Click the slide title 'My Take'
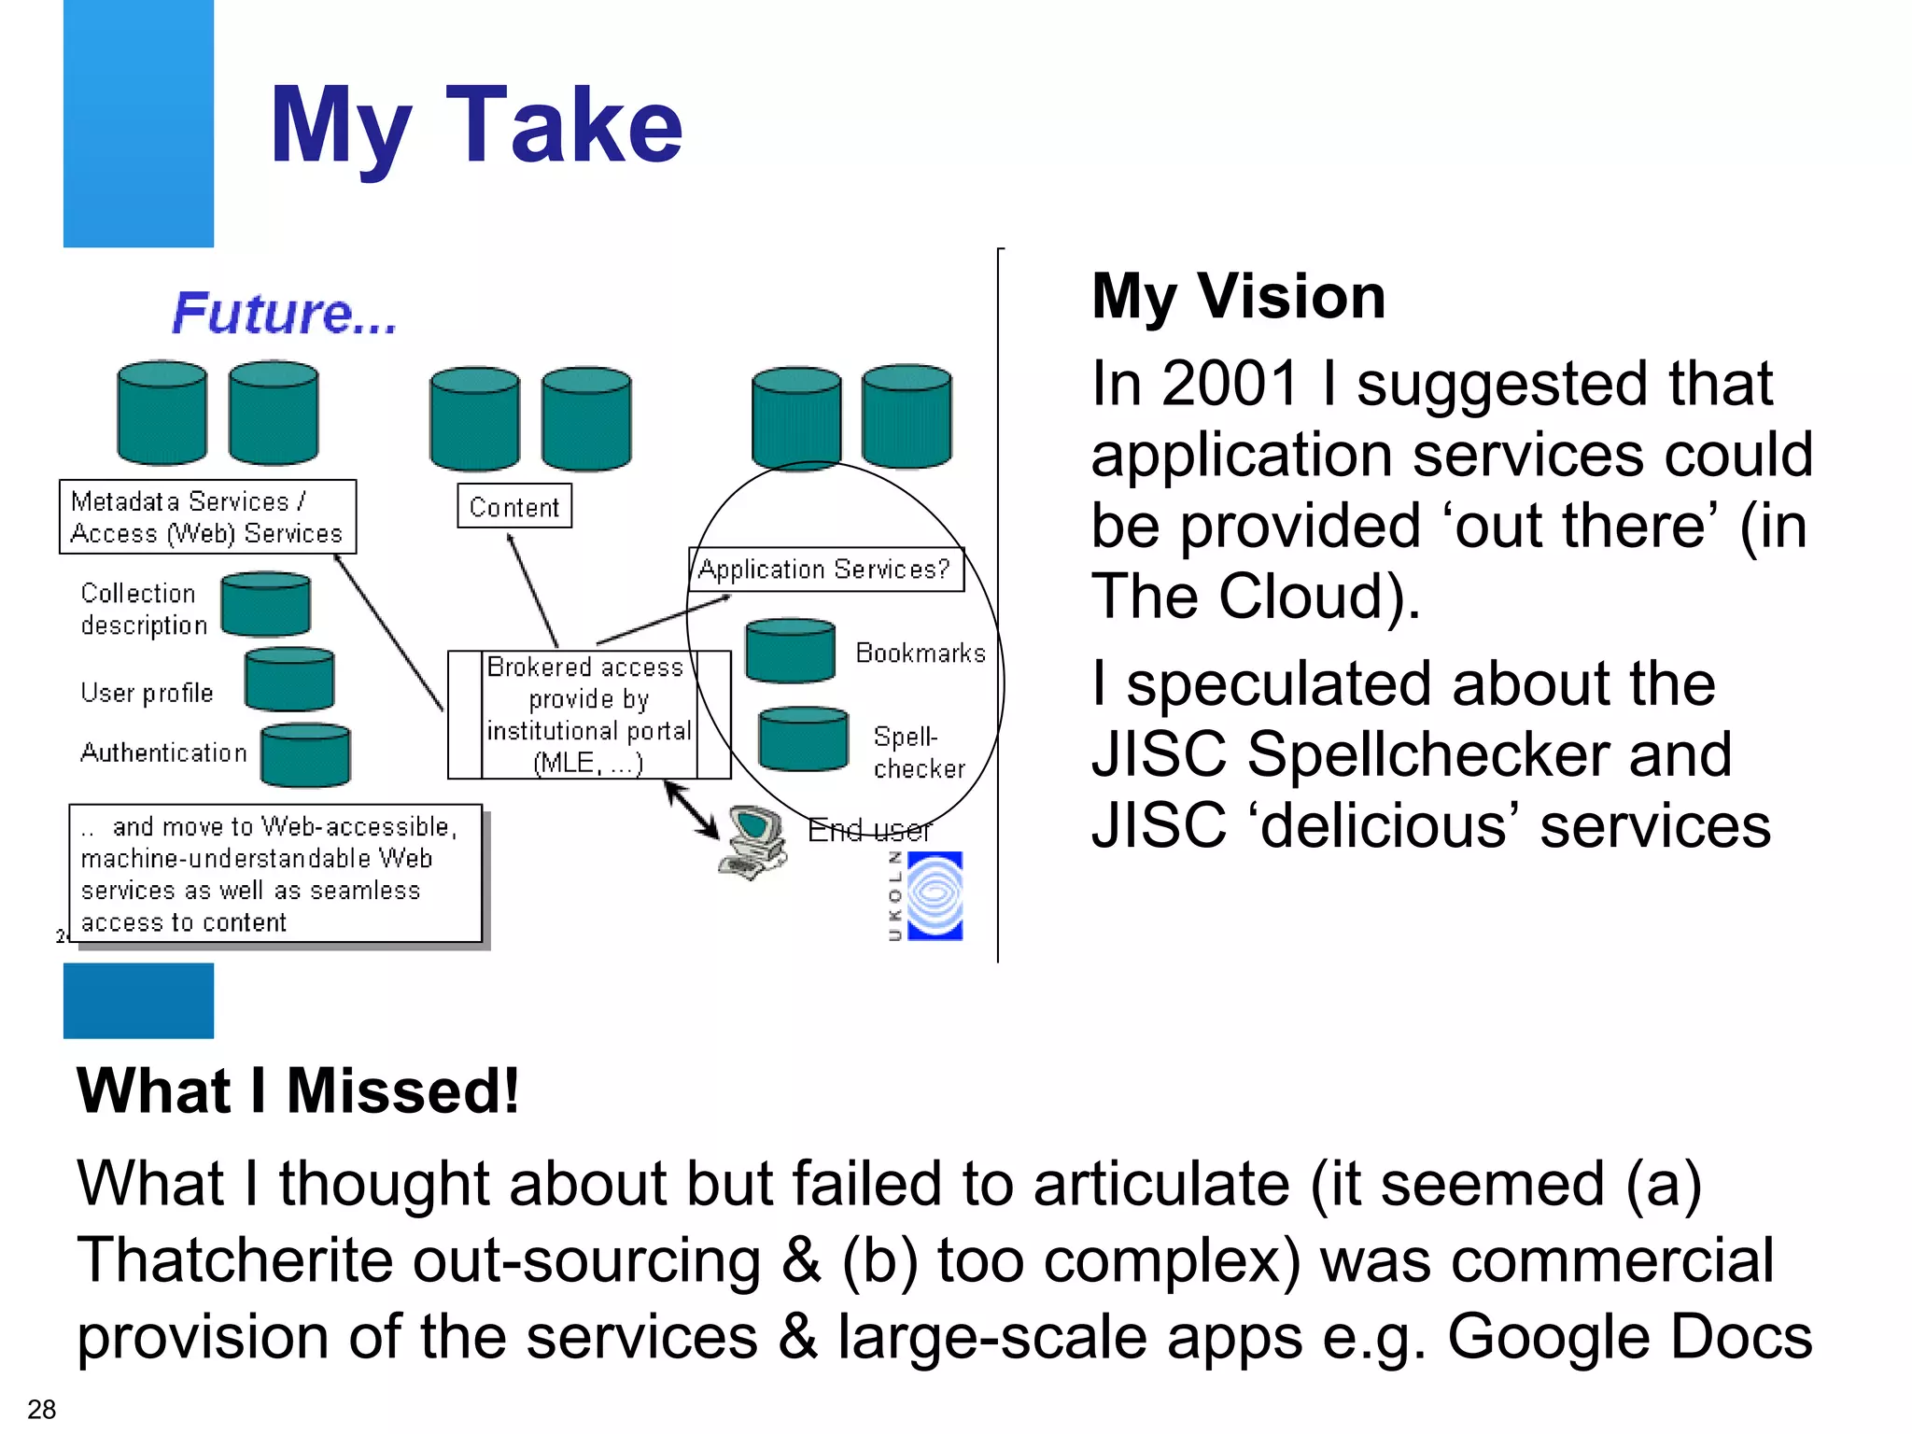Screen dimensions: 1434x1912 tap(476, 126)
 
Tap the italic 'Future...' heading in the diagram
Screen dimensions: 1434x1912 tap(285, 313)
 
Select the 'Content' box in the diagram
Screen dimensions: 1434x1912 tap(514, 507)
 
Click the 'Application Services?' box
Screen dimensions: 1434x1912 tap(825, 569)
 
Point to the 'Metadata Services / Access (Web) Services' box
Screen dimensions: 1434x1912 tap(207, 517)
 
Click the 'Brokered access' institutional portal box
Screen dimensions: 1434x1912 tap(588, 714)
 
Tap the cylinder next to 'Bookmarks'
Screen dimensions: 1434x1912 tap(790, 651)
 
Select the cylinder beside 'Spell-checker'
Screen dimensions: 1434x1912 tap(803, 738)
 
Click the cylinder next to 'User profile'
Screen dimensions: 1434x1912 tap(289, 680)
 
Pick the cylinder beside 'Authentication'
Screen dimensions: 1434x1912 tap(305, 755)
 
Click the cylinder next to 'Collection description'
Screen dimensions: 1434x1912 tap(266, 604)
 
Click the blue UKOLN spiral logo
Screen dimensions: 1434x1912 tap(935, 895)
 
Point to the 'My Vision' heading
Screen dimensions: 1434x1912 tap(1239, 297)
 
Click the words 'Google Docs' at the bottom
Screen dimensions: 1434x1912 tap(1629, 1337)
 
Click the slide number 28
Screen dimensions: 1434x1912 tap(42, 1409)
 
